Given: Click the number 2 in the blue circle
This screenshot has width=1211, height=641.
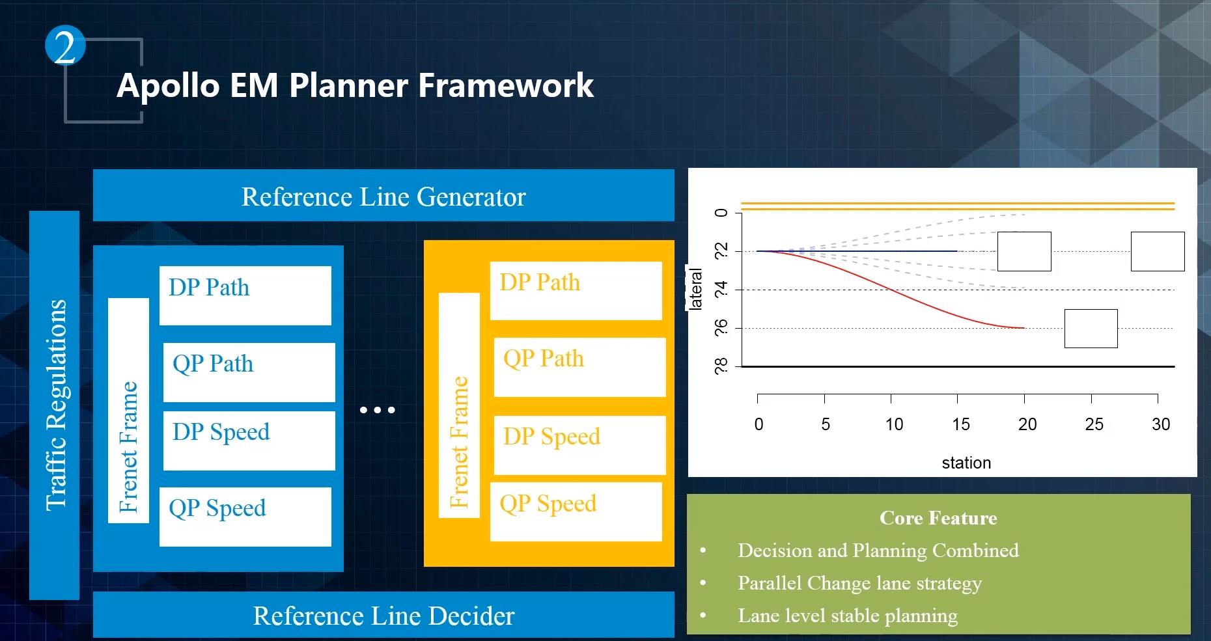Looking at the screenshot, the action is pos(65,46).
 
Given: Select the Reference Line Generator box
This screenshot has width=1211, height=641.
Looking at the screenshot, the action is pos(383,196).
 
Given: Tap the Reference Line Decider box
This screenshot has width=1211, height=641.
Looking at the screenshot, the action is pos(383,615).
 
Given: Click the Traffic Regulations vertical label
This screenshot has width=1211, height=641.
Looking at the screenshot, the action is pos(55,405).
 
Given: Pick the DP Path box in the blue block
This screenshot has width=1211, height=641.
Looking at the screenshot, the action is pos(245,295).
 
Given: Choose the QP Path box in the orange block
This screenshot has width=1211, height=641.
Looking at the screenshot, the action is pos(579,366).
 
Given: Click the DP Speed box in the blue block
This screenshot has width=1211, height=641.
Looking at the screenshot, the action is pos(249,440).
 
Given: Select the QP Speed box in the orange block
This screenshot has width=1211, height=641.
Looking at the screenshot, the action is pos(576,511).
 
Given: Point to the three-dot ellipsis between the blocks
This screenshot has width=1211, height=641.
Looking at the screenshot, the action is pos(377,410).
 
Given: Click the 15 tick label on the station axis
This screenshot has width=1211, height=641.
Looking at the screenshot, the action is pos(960,424).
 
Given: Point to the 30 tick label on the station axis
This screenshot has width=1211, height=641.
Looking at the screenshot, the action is pos(1161,424).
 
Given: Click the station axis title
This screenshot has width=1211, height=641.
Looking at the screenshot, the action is pos(966,463).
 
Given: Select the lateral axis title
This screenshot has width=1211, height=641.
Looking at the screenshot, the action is pos(695,289).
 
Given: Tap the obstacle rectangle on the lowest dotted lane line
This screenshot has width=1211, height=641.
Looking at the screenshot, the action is pos(1091,329).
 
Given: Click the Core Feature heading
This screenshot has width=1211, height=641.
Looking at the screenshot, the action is pos(938,518).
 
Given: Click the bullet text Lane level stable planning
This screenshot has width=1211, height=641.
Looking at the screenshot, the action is pos(847,616).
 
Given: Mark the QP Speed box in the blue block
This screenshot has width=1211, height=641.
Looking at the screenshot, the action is pos(245,516).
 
